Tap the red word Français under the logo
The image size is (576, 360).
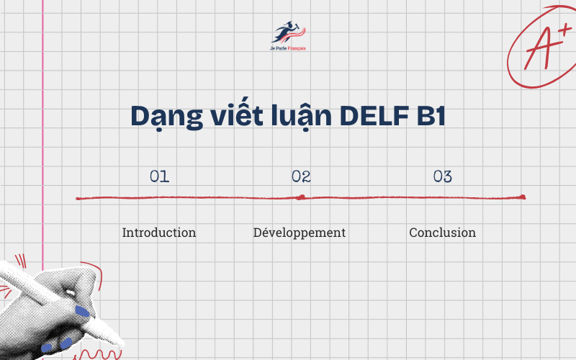click(297, 48)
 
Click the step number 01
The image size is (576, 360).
click(159, 176)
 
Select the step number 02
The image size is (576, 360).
click(301, 176)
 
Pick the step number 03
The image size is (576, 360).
click(443, 176)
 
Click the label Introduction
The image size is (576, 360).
click(159, 233)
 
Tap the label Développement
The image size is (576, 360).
click(300, 233)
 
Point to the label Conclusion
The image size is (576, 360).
click(442, 233)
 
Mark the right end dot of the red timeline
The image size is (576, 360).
click(523, 197)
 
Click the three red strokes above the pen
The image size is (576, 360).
click(20, 261)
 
